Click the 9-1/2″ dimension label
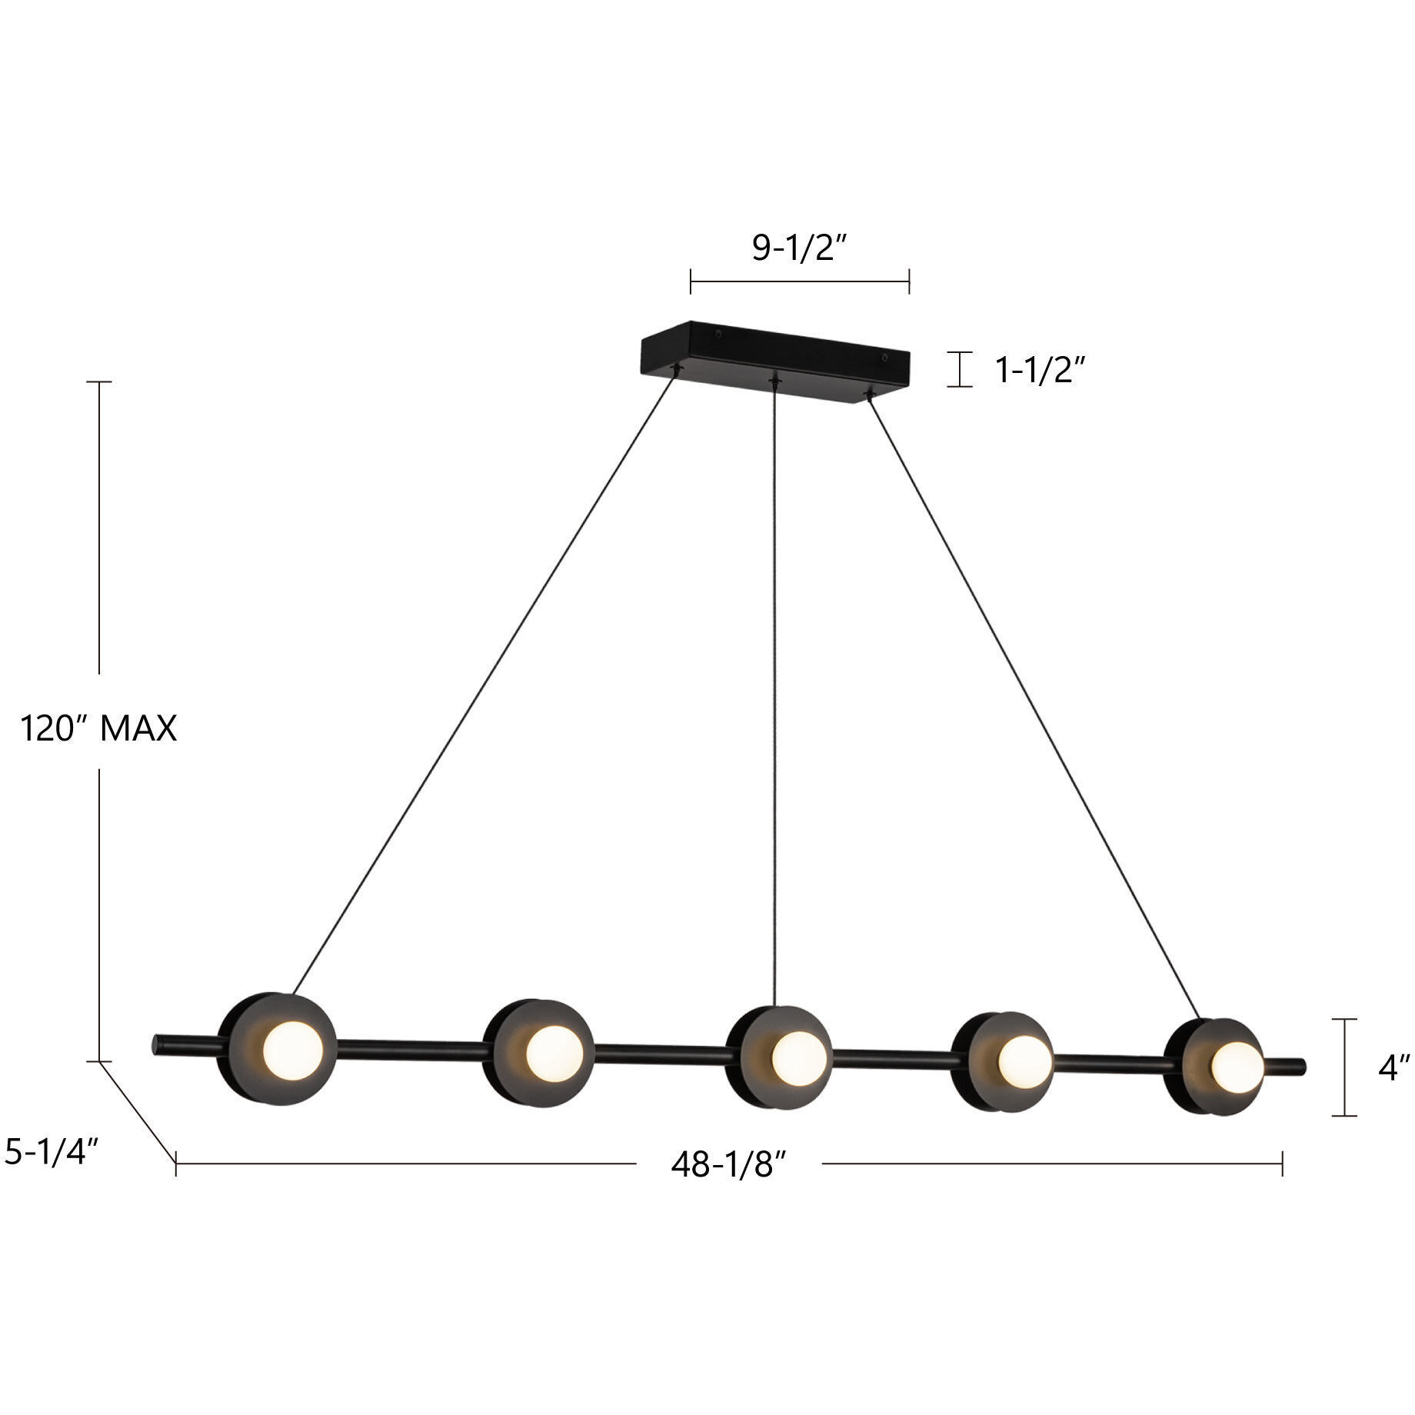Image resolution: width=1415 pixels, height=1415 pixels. (x=799, y=248)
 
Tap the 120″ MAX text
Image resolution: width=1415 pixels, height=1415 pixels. (x=98, y=728)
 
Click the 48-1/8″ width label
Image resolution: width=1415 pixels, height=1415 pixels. (x=728, y=1165)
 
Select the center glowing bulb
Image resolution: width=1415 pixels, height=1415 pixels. (x=798, y=1058)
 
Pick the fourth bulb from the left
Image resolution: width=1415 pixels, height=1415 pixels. (x=1024, y=1062)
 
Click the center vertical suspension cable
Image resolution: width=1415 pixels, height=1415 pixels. (x=774, y=692)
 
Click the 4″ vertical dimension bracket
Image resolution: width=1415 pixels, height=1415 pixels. (x=1343, y=1067)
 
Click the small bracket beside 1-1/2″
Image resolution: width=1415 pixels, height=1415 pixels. (x=959, y=369)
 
